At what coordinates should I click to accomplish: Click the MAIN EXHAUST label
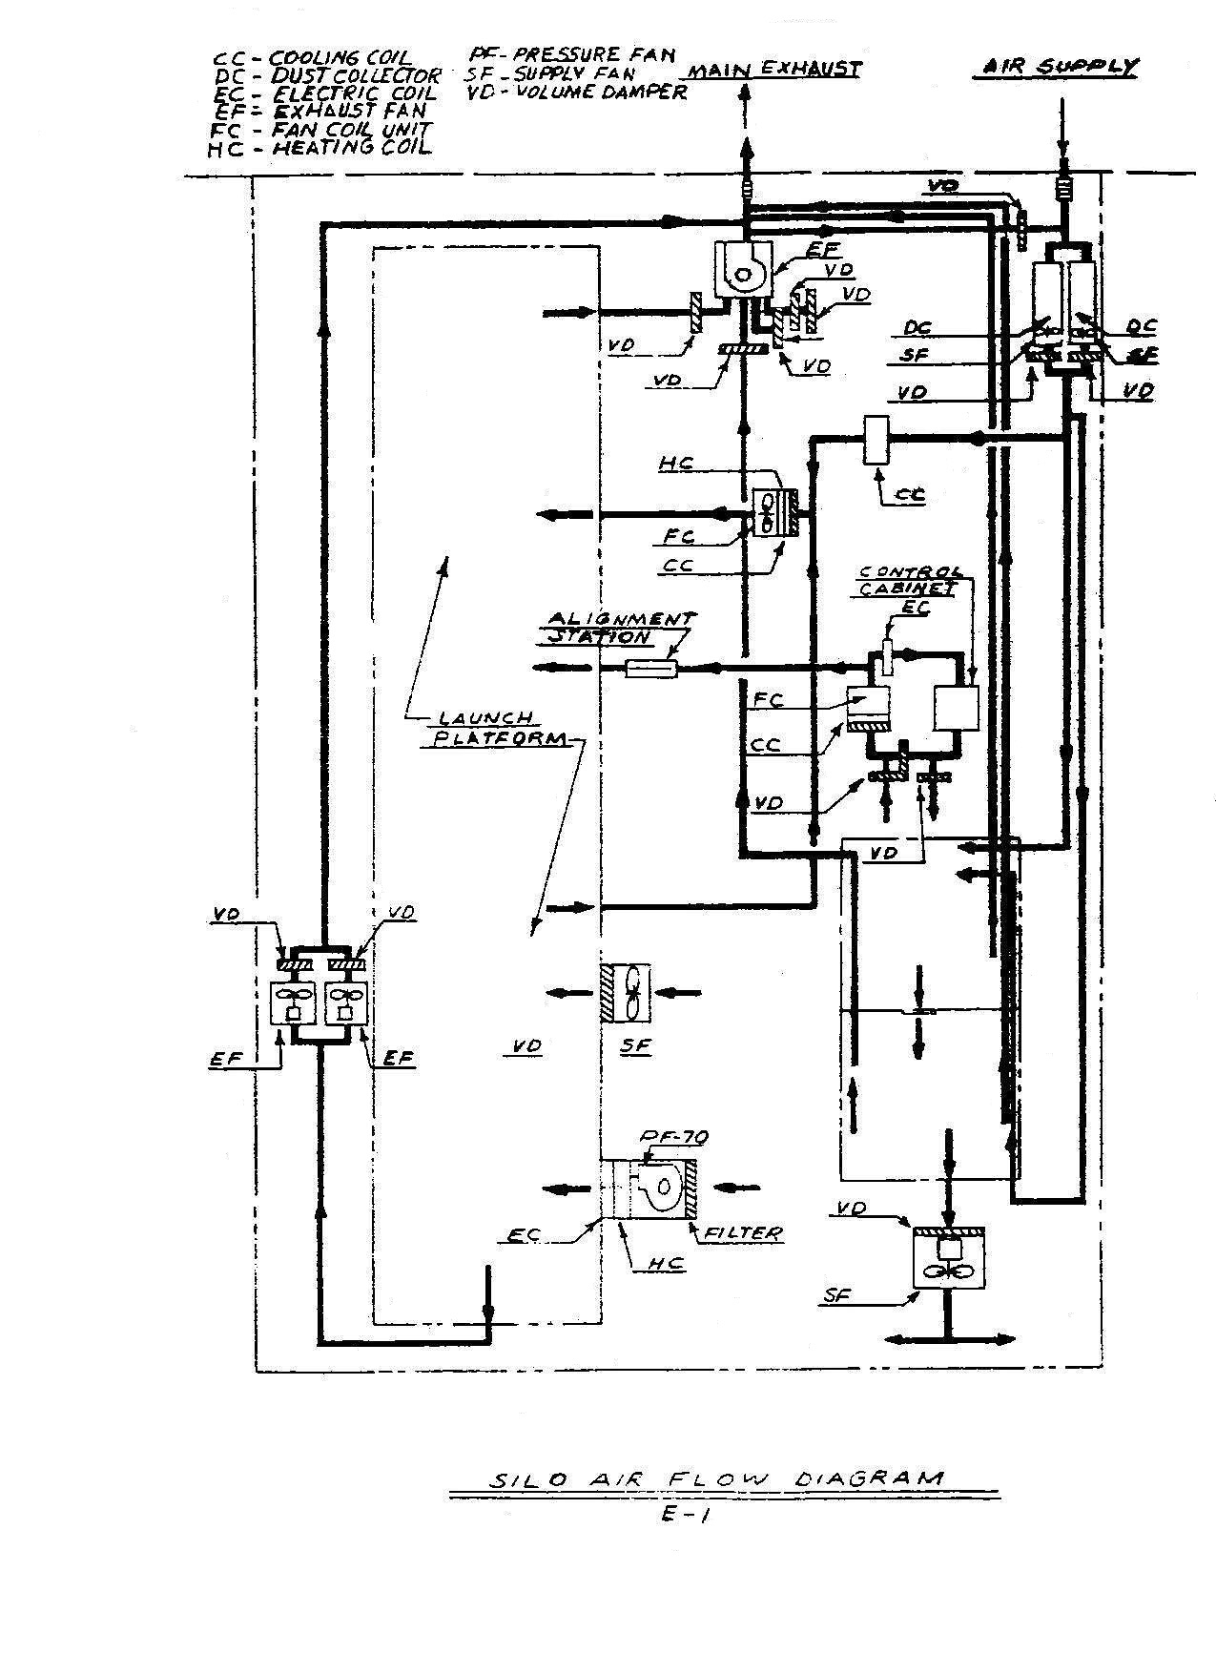(774, 70)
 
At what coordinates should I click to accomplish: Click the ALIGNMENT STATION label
(619, 628)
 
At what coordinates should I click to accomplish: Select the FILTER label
(743, 1233)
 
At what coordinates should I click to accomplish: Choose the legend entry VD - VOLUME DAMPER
(576, 92)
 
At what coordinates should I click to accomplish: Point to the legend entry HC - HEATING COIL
(320, 148)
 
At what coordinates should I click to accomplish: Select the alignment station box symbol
(651, 669)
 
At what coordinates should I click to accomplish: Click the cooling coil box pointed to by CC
(876, 440)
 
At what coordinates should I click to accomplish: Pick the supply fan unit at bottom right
(949, 1260)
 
